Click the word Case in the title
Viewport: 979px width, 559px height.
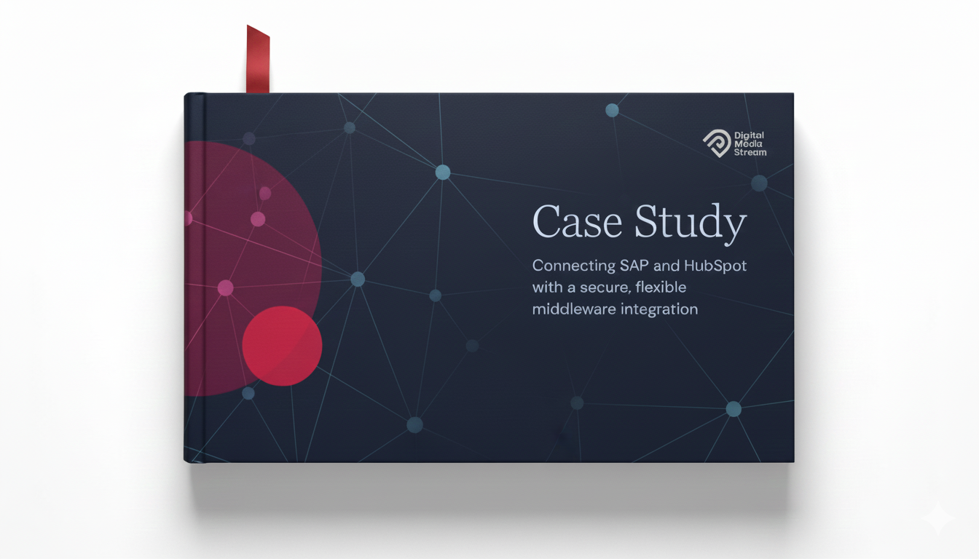click(x=575, y=222)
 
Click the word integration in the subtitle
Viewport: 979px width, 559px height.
click(x=660, y=309)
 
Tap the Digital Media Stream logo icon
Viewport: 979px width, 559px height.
click(x=716, y=143)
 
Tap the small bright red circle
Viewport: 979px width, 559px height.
click(x=282, y=346)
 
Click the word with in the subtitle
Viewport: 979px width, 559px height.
click(x=547, y=287)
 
